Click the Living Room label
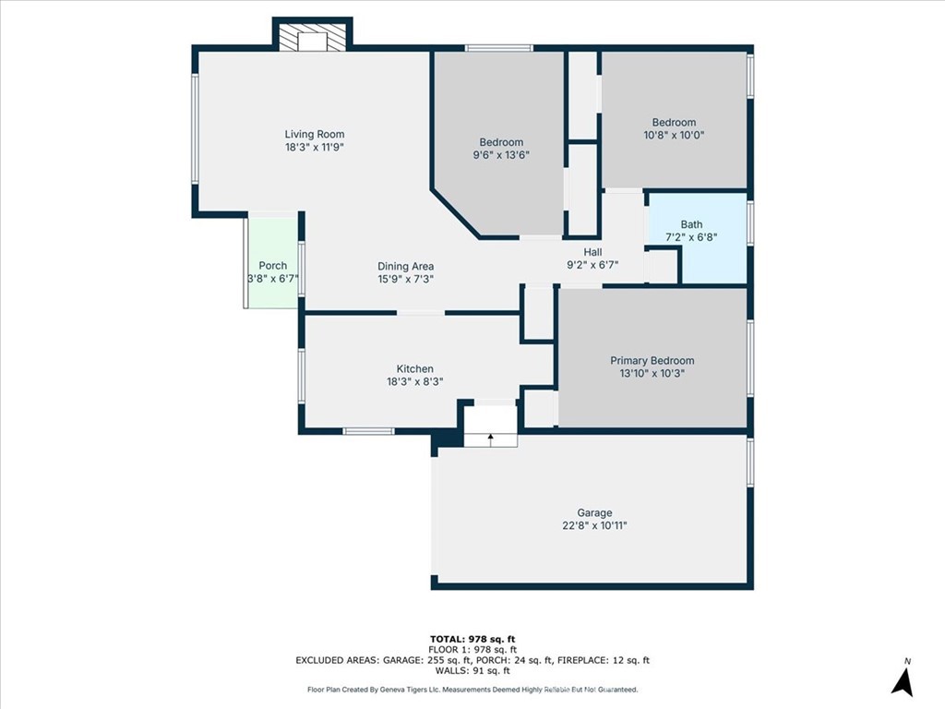pos(315,135)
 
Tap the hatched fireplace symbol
pos(312,37)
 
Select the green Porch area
pos(273,260)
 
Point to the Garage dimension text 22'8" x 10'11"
pos(594,525)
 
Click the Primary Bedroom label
pos(652,361)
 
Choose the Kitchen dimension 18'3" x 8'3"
pos(414,381)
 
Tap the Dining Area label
pos(406,266)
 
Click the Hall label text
pos(592,252)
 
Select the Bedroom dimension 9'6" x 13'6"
pos(501,155)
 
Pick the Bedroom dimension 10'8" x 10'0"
pos(674,135)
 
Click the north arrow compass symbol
pos(903,681)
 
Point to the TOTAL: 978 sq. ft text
pos(472,639)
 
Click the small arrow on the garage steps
pos(491,439)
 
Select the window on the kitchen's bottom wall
pos(368,431)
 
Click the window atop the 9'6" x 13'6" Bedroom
pos(498,48)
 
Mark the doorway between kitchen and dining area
pos(421,312)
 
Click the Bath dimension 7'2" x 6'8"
pos(691,237)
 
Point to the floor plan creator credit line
pos(472,689)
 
